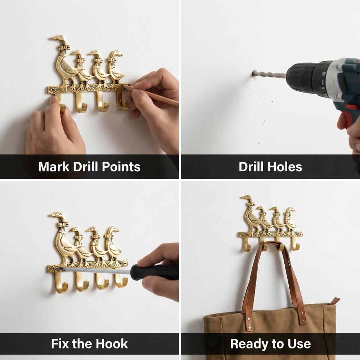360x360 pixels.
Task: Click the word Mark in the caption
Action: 54,166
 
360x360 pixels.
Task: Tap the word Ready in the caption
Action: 249,344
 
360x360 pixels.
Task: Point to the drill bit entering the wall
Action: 269,75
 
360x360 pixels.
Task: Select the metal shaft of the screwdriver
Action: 96,270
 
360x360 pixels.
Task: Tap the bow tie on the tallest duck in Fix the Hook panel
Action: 63,225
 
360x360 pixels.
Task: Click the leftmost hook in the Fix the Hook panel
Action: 60,284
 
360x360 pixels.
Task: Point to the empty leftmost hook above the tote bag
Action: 246,245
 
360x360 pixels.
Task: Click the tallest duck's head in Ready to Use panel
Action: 247,198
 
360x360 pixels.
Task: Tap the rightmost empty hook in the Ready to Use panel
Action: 295,245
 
